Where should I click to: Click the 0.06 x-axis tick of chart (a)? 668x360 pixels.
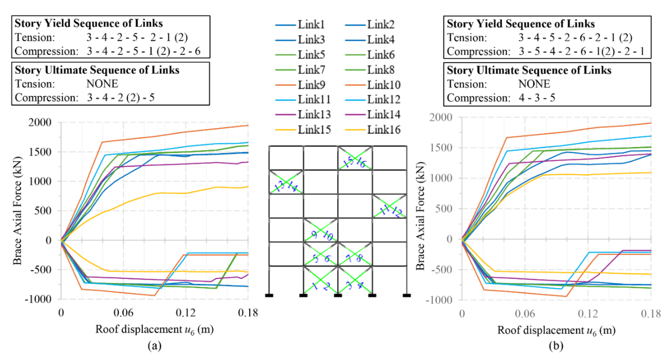123,313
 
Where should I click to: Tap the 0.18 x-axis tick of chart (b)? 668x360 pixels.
651,314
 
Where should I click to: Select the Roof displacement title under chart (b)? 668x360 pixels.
556,330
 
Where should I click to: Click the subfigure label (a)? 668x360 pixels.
154,346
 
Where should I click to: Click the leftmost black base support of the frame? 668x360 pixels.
269,295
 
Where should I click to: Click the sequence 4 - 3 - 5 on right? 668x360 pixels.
537,98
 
